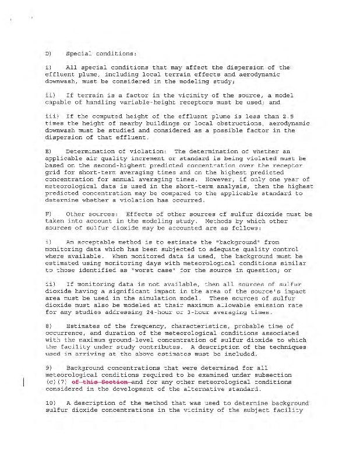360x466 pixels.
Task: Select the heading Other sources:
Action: pyautogui.click(x=87, y=214)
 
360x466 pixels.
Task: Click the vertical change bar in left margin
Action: pyautogui.click(x=23, y=382)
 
